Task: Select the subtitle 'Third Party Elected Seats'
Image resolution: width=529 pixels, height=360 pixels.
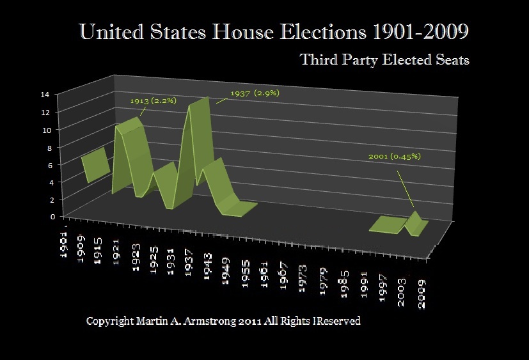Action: coord(384,60)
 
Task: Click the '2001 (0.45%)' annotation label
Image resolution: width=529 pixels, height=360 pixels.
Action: coord(395,156)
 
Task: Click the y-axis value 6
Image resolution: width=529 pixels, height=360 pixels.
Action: coord(46,164)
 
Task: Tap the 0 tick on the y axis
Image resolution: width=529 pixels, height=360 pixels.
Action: coord(46,216)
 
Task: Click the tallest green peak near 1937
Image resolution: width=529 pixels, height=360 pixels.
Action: coord(198,102)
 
